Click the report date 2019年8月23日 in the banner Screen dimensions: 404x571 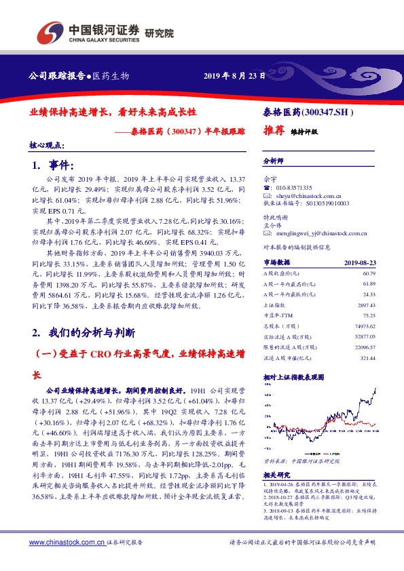pos(234,75)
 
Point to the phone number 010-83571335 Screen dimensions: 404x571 pos(294,187)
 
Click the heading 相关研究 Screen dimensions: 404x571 pos(276,475)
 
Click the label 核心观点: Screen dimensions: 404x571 pos(46,145)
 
